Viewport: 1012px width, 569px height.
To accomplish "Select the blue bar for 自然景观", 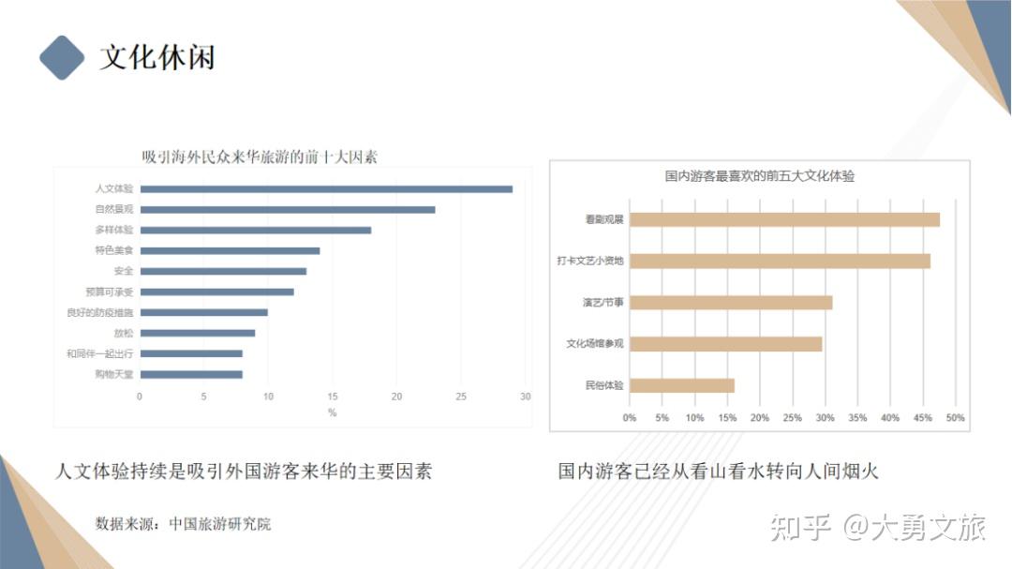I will point(288,210).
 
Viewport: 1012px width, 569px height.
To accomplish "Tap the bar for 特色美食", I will point(230,251).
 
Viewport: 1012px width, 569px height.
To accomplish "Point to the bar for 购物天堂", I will point(191,375).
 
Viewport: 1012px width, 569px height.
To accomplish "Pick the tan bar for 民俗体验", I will point(681,385).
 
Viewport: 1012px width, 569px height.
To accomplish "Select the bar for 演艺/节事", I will point(731,303).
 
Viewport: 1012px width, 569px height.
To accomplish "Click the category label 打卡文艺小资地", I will point(589,262).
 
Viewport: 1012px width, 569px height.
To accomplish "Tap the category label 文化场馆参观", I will point(594,344).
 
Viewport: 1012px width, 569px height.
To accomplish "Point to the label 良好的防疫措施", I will point(100,313).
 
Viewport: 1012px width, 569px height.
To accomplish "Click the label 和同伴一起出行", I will point(100,354).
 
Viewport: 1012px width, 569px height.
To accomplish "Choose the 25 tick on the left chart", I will point(461,397).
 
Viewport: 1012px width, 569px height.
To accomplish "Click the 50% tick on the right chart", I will point(955,418).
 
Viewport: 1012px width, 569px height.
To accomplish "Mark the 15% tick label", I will point(727,418).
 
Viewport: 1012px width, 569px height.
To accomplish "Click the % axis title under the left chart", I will point(332,412).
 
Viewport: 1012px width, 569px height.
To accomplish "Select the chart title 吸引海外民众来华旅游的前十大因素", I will point(260,157).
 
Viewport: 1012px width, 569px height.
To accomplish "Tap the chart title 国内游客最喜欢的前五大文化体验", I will point(759,176).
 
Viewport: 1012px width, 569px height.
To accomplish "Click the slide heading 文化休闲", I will point(157,57).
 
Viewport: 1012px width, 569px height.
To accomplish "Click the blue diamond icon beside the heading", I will point(62,57).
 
